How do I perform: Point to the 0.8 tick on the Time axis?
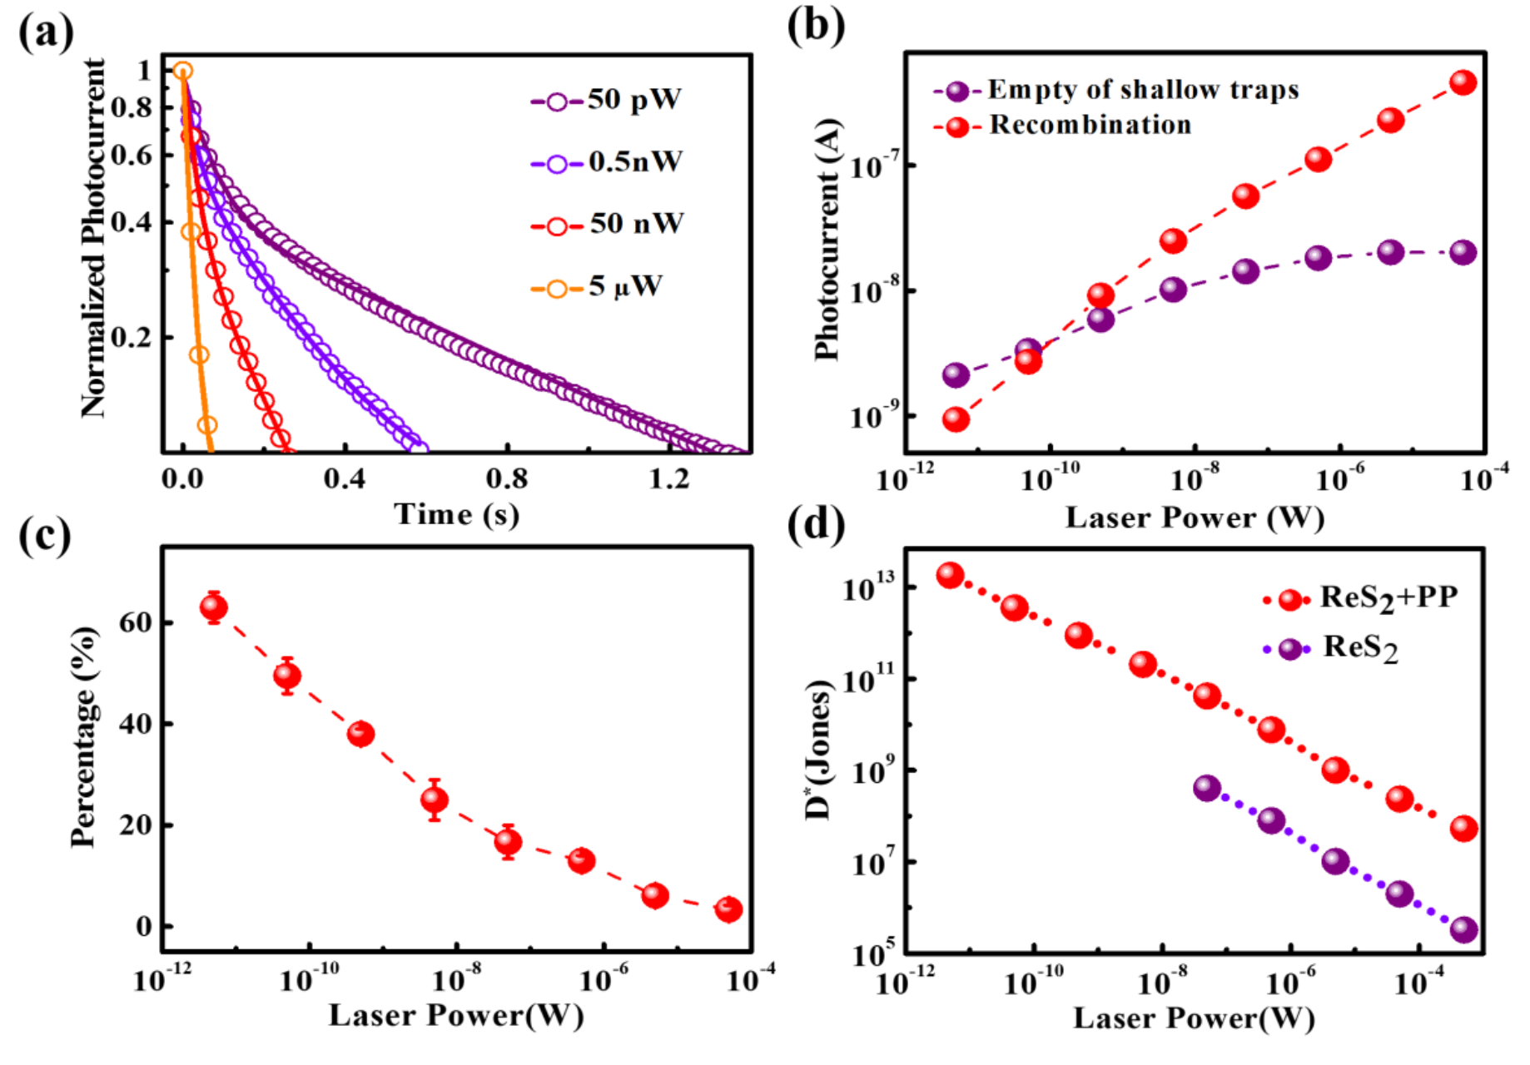click(507, 478)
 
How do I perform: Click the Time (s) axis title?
click(456, 514)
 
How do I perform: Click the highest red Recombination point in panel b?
click(1463, 82)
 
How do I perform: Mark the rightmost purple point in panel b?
click(1463, 252)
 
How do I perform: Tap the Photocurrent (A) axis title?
click(827, 241)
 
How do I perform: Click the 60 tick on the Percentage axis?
click(135, 622)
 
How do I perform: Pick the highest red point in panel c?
click(214, 607)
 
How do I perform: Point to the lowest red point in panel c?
click(728, 909)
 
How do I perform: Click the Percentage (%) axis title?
click(83, 737)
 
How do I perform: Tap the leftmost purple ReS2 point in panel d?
click(1207, 788)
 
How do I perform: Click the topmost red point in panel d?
click(950, 575)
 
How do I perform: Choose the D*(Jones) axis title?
click(819, 749)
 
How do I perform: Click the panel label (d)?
click(816, 526)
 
